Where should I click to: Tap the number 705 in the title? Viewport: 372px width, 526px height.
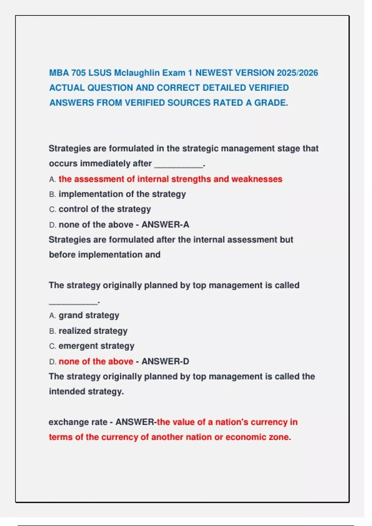[78, 73]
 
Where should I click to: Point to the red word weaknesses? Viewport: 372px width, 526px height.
[257, 179]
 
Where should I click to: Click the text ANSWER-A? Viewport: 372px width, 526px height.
[165, 225]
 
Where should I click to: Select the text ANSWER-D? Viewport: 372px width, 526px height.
[165, 361]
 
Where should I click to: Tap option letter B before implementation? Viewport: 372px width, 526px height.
[52, 195]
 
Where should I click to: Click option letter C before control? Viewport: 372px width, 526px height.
[52, 209]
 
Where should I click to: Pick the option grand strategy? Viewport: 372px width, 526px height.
[89, 315]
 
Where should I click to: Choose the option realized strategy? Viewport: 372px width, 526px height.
[93, 331]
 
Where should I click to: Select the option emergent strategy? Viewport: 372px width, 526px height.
[96, 346]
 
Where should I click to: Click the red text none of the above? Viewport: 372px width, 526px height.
[96, 361]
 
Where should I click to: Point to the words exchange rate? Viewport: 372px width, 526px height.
[78, 422]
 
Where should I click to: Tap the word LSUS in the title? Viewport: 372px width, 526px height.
[100, 73]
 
